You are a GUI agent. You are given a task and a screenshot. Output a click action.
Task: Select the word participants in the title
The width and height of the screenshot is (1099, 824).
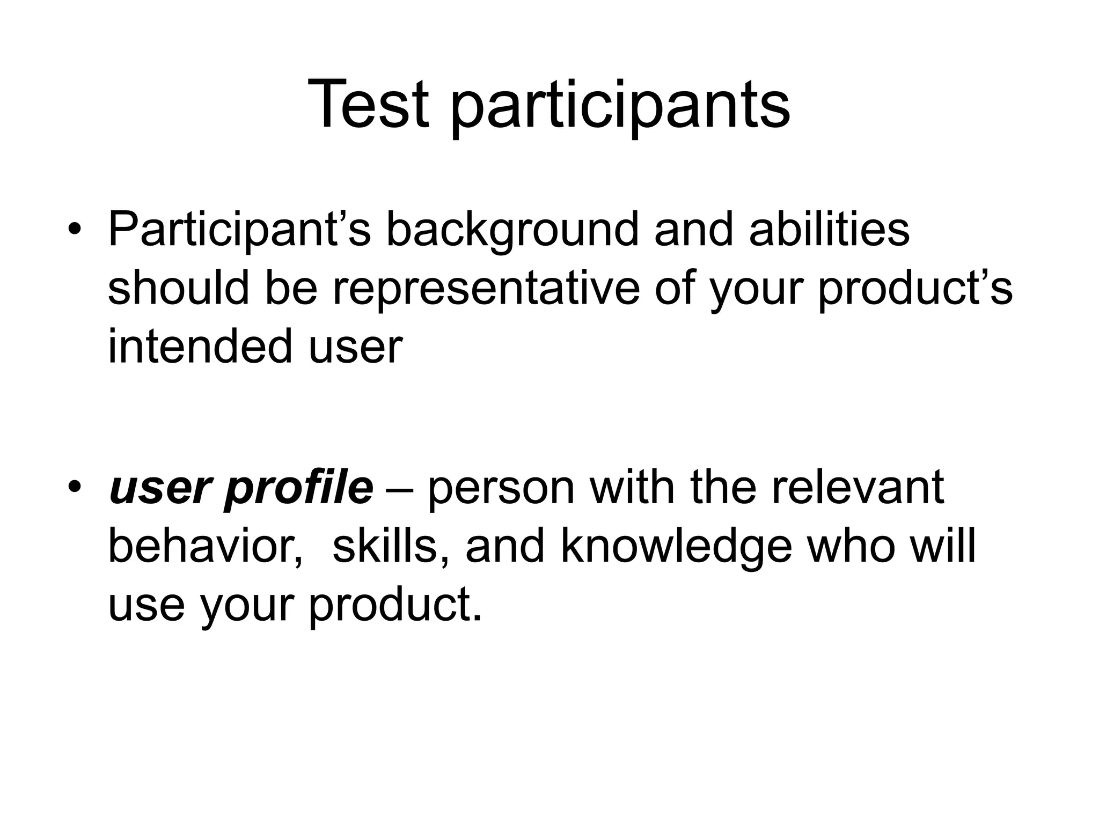click(620, 107)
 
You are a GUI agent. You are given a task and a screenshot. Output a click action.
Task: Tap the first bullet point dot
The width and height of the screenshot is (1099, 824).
click(74, 230)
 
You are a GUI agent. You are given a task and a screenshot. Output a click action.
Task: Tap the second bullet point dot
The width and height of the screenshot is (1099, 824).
click(74, 488)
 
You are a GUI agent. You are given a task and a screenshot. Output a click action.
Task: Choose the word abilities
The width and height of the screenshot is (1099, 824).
click(829, 230)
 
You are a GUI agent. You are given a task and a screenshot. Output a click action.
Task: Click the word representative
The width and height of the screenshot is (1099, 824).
click(486, 288)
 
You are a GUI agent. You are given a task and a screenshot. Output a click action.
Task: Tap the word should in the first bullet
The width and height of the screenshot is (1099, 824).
click(178, 288)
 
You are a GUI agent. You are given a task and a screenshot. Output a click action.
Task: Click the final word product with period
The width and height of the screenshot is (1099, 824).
click(395, 605)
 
